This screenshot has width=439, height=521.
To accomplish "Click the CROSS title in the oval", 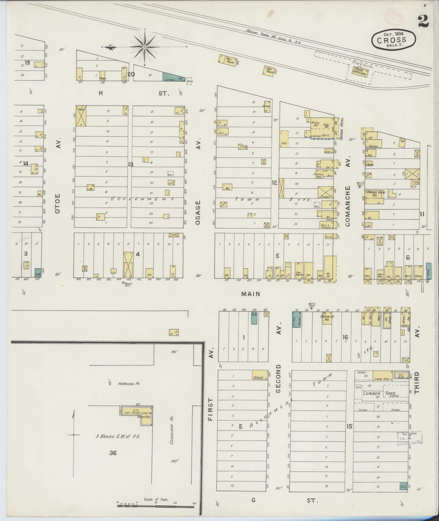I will (393, 40).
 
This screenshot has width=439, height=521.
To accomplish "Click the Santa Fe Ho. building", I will (327, 318).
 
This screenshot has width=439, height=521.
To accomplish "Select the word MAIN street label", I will (250, 294).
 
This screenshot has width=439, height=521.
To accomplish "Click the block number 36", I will (113, 453).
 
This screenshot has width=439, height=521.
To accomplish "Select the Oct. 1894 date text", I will (393, 34).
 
